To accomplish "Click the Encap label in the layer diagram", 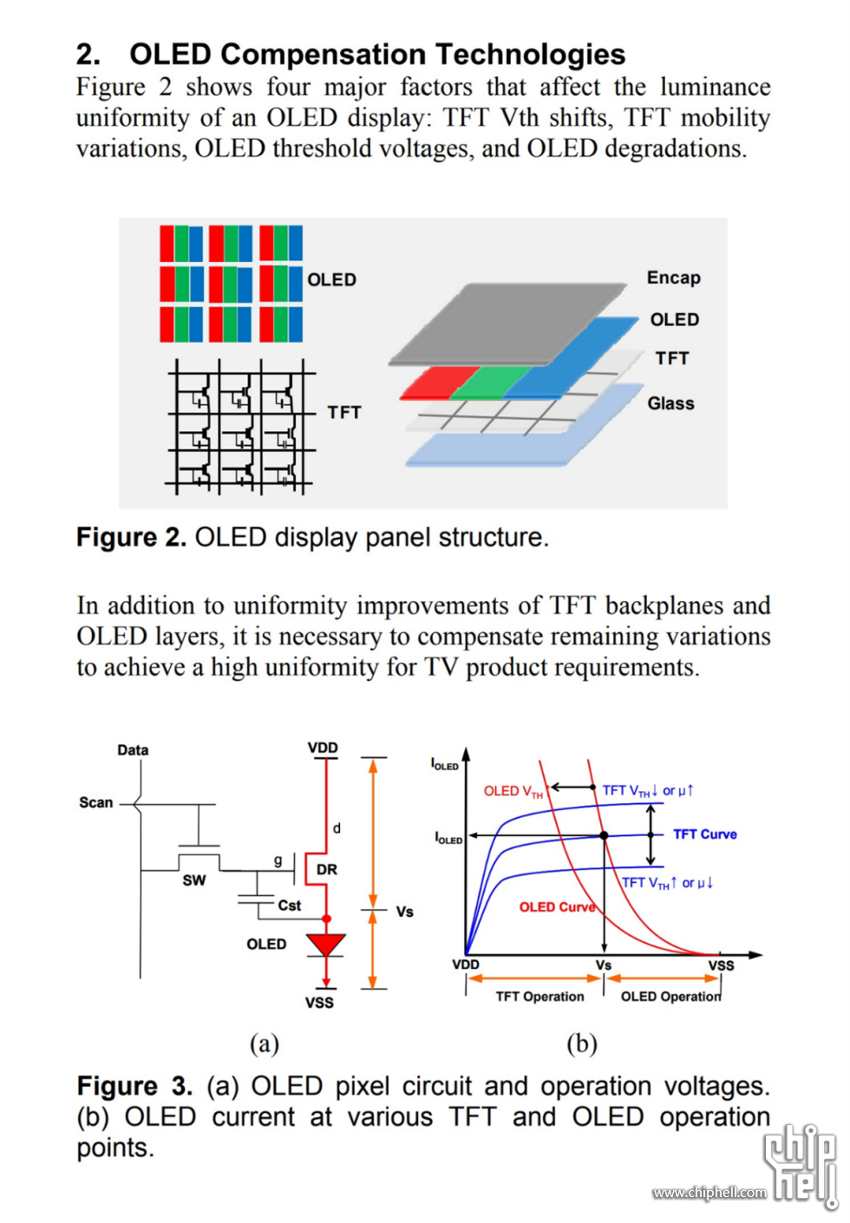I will (673, 278).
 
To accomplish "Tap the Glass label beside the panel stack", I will (670, 403).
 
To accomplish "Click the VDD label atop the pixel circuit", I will (323, 748).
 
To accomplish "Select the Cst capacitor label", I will (290, 906).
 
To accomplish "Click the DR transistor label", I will (327, 869).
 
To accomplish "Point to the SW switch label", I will (194, 880).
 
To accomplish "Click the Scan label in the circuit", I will (96, 802).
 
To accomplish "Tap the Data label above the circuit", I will (133, 749).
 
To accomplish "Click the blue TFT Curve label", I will (704, 834).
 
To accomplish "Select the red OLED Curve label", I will (557, 907).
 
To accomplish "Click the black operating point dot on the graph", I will (605, 835).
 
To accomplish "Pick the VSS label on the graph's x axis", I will (721, 965).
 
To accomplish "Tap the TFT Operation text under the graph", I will (539, 997).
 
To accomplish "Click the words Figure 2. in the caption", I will (131, 538).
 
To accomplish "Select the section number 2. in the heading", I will (88, 55).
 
